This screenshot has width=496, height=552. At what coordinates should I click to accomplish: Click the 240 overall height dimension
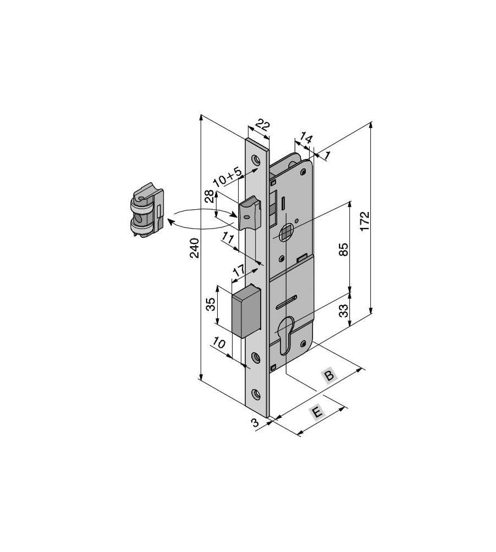coord(195,248)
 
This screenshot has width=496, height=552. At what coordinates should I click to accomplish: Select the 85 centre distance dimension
coord(344,250)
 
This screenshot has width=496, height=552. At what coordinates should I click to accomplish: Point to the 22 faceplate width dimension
coord(263,125)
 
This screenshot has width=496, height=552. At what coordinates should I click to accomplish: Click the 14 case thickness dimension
coord(306,137)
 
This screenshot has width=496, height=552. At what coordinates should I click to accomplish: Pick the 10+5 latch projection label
coord(228,177)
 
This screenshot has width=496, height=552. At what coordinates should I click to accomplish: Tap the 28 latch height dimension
coord(209,196)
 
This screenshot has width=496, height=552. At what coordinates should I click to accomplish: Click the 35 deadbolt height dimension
coord(210,304)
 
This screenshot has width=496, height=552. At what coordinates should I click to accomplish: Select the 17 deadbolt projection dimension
coord(239,270)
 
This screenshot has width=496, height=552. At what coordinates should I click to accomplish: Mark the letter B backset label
coord(329,375)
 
